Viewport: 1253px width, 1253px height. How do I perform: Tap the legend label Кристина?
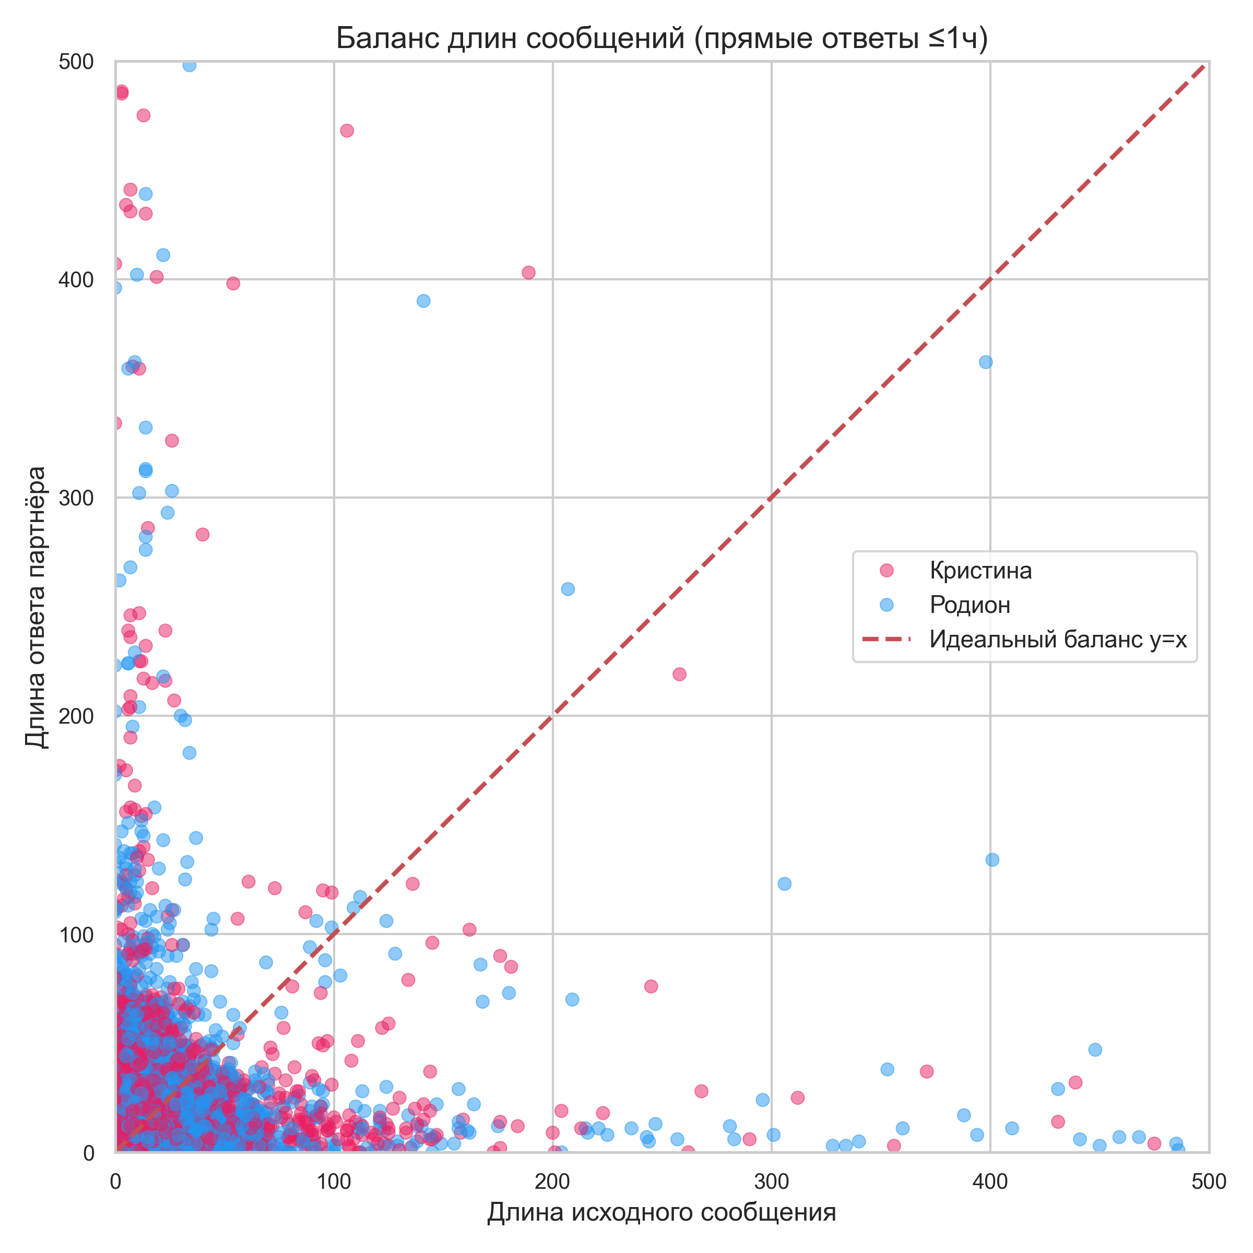coord(980,571)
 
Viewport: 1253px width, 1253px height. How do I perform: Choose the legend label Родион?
coord(970,605)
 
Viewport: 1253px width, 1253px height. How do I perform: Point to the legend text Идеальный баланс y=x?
coord(1058,640)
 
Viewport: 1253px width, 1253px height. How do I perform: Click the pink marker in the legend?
coord(886,571)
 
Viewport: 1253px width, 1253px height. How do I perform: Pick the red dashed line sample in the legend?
coord(886,640)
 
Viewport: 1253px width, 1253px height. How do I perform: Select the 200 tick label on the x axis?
coord(552,1183)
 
